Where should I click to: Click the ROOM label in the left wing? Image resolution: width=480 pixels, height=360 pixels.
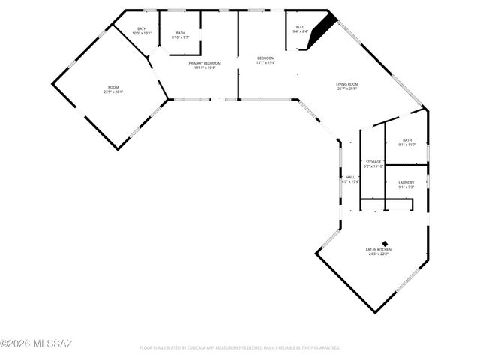pyautogui.click(x=113, y=87)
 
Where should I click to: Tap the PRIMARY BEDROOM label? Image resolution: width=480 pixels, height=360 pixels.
pyautogui.click(x=205, y=63)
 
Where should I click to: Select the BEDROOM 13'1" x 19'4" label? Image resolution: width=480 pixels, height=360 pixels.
pyautogui.click(x=266, y=58)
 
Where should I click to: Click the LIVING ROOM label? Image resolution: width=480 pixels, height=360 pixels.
pyautogui.click(x=346, y=84)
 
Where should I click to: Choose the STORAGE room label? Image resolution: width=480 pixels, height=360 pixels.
pyautogui.click(x=373, y=162)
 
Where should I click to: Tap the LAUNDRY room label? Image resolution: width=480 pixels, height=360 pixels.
pyautogui.click(x=406, y=182)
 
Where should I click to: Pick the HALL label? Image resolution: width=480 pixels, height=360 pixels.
pyautogui.click(x=350, y=177)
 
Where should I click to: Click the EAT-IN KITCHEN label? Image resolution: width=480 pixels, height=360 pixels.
pyautogui.click(x=378, y=249)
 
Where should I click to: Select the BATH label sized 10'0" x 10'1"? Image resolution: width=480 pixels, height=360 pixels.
pyautogui.click(x=142, y=29)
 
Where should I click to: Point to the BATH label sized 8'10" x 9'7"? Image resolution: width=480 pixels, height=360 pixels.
pyautogui.click(x=181, y=33)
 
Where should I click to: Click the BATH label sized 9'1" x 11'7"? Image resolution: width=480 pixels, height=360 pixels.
pyautogui.click(x=407, y=140)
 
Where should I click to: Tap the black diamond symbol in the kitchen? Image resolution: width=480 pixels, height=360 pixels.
pyautogui.click(x=385, y=242)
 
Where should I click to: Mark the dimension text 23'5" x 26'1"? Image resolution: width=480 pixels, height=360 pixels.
pyautogui.click(x=113, y=92)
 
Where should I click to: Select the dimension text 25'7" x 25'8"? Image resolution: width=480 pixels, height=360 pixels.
pyautogui.click(x=346, y=88)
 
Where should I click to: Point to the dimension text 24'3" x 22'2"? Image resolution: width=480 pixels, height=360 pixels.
pyautogui.click(x=378, y=253)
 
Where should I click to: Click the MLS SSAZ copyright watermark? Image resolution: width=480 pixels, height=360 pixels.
pyautogui.click(x=36, y=343)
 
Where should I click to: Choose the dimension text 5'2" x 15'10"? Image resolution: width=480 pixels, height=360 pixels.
pyautogui.click(x=373, y=166)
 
